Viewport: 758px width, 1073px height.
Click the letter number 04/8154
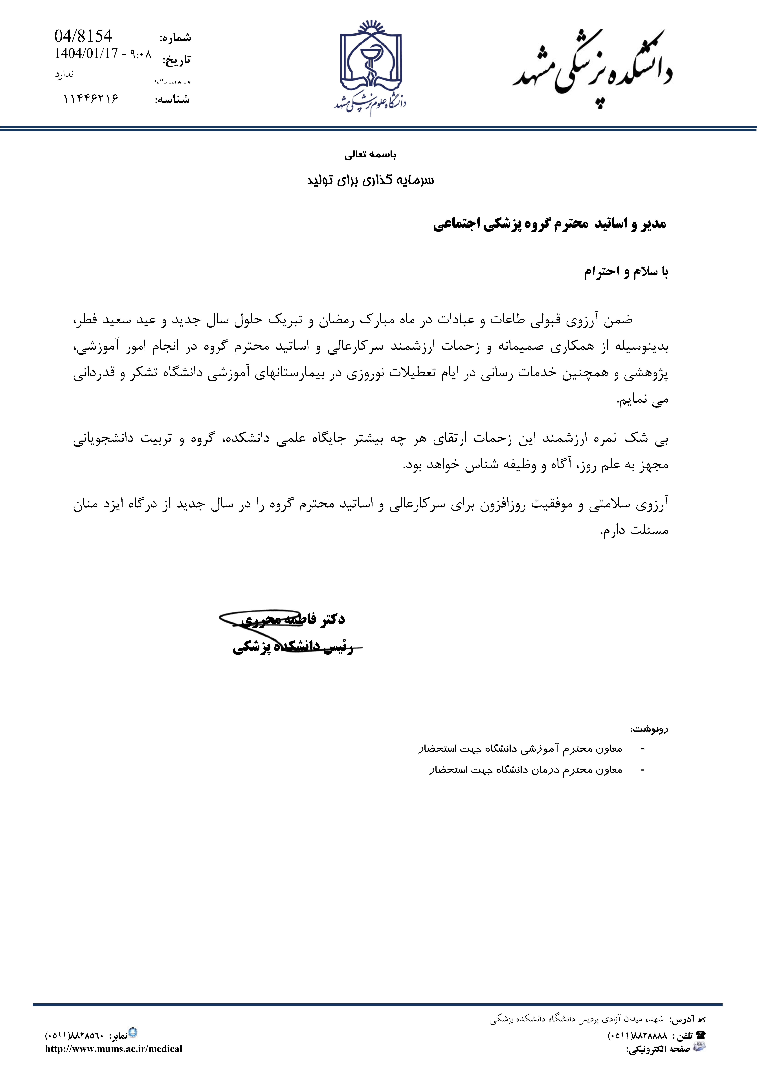pos(83,36)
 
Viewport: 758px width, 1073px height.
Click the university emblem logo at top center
pos(370,65)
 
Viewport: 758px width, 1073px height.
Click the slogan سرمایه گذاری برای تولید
pos(370,180)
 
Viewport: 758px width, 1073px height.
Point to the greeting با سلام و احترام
pos(626,272)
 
